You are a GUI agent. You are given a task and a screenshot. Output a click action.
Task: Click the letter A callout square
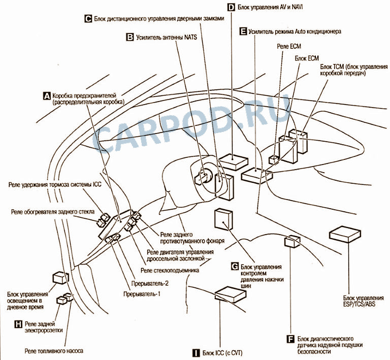[47, 95]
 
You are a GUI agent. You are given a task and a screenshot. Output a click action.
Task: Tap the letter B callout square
[130, 37]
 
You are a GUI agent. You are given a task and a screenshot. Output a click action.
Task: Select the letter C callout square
[87, 19]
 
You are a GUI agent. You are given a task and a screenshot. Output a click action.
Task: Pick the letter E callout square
[243, 31]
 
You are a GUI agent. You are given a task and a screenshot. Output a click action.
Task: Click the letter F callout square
[291, 338]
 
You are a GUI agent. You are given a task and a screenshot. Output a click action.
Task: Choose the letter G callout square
[235, 266]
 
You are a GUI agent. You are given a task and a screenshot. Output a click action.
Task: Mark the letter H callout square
[18, 323]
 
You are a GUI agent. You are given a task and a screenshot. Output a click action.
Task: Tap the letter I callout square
[196, 352]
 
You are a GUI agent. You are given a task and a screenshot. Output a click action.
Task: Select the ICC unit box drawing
[231, 294]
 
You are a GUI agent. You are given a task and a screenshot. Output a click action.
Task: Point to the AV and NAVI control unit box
[234, 162]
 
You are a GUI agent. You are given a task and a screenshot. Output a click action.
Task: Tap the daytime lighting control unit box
[61, 278]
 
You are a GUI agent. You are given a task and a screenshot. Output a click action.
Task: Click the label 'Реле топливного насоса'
[53, 351]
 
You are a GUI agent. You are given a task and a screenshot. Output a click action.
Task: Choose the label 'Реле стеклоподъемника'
[170, 270]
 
